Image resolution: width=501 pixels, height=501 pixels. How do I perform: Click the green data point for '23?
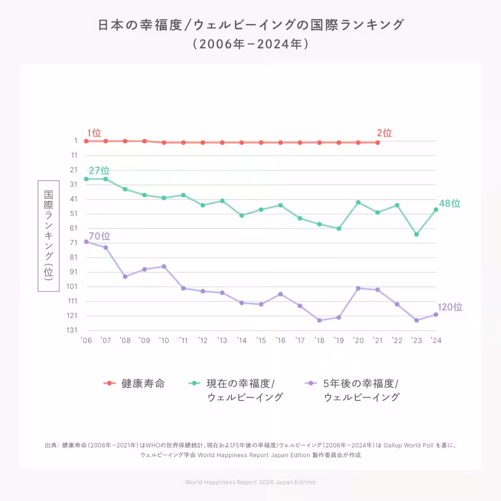pyautogui.click(x=416, y=234)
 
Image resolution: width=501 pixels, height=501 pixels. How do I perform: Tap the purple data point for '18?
pyautogui.click(x=319, y=320)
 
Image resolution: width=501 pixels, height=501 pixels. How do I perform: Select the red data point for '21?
pyautogui.click(x=377, y=142)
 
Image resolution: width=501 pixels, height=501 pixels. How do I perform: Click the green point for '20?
pyautogui.click(x=358, y=202)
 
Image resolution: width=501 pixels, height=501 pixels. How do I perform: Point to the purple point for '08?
pyautogui.click(x=125, y=276)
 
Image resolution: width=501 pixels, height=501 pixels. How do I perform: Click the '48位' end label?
pyautogui.click(x=450, y=203)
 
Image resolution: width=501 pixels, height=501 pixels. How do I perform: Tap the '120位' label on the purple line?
pyautogui.click(x=450, y=307)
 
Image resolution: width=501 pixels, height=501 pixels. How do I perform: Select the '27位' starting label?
pyautogui.click(x=99, y=170)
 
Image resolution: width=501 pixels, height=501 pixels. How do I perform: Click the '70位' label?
pyautogui.click(x=99, y=236)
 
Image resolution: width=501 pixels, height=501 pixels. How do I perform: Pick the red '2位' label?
pyautogui.click(x=384, y=133)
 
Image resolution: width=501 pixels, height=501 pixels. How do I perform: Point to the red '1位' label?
pyautogui.click(x=94, y=133)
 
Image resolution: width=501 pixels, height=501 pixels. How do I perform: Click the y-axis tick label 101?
pyautogui.click(x=72, y=286)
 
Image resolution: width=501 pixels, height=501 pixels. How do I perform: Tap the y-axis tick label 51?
pyautogui.click(x=73, y=214)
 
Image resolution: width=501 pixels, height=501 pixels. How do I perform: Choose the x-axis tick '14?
pyautogui.click(x=241, y=341)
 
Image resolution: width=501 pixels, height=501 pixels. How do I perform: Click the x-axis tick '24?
pyautogui.click(x=435, y=341)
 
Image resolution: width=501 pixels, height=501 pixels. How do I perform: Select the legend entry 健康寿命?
pyautogui.click(x=143, y=383)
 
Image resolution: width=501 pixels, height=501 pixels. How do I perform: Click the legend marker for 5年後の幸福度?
pyautogui.click(x=311, y=383)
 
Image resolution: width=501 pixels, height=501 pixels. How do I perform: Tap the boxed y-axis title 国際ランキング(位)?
pyautogui.click(x=48, y=236)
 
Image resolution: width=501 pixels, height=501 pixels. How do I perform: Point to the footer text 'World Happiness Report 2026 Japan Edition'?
pyautogui.click(x=250, y=482)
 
